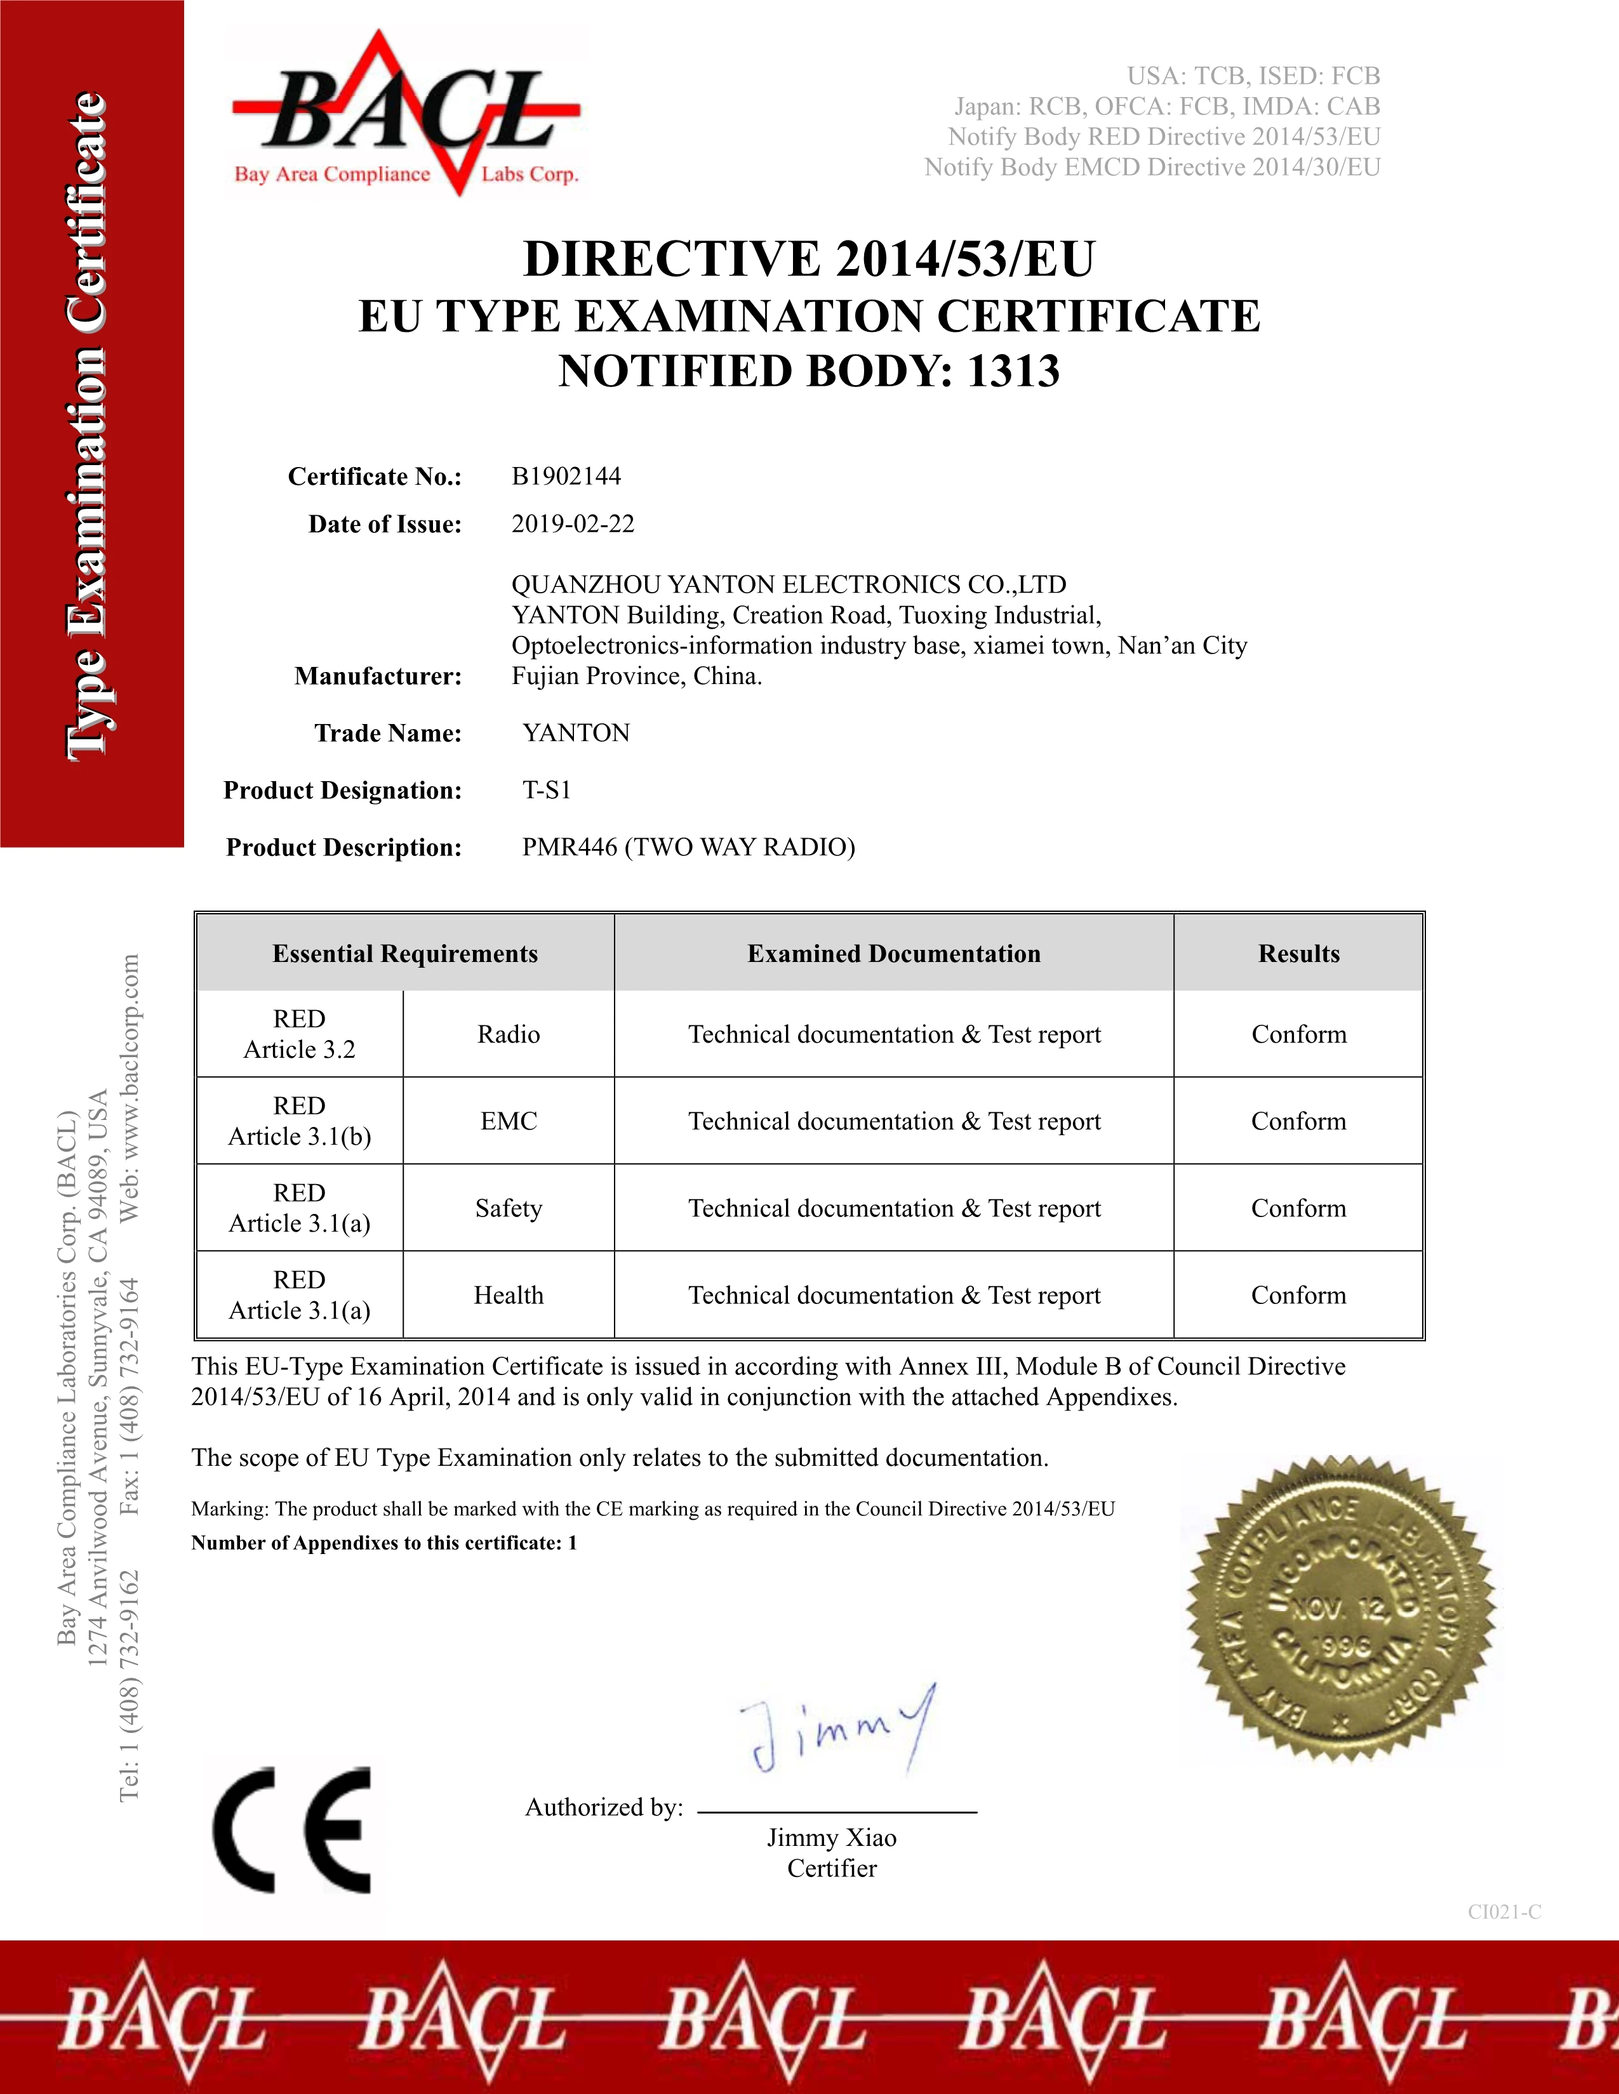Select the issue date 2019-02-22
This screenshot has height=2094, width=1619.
[x=573, y=523]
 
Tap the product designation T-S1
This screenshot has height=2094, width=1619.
[x=547, y=790]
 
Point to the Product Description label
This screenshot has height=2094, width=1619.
[x=343, y=848]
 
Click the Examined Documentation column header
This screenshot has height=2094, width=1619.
[x=893, y=953]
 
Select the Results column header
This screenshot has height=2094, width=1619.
[x=1298, y=953]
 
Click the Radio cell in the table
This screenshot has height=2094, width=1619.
[x=509, y=1034]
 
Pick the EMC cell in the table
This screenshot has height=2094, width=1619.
[x=509, y=1121]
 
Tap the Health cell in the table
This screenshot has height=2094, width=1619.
[x=509, y=1295]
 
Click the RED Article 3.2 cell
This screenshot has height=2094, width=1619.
[x=299, y=1034]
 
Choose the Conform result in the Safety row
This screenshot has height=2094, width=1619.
[x=1298, y=1208]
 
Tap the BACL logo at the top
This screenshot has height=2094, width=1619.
[x=406, y=113]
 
